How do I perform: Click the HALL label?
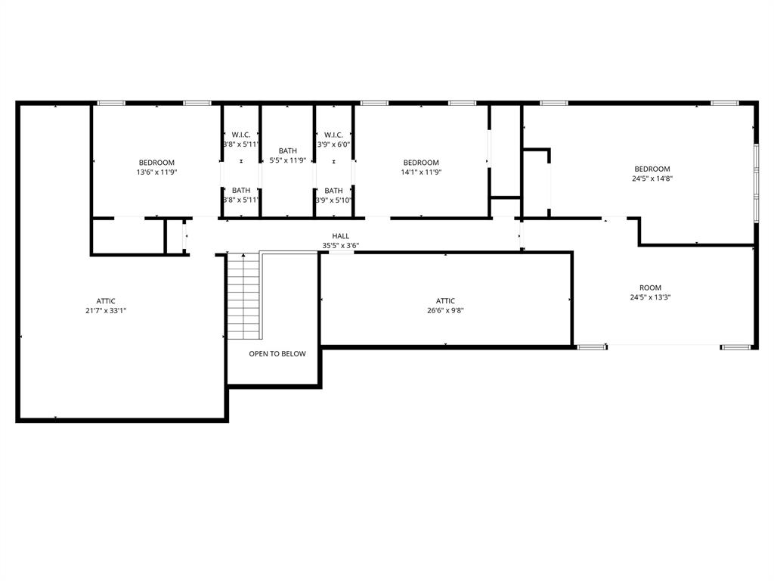coord(341,236)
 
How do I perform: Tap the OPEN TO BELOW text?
coord(277,354)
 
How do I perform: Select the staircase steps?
coord(243,296)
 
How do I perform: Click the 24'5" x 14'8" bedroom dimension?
coord(652,179)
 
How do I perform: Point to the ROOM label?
coord(650,287)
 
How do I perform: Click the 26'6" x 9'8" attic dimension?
coord(445,311)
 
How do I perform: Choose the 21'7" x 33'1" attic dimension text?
coord(106,311)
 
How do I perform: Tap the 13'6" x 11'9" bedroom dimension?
coord(156,172)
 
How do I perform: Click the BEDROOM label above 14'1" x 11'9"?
coord(421,163)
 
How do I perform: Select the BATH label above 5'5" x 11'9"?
coord(288,151)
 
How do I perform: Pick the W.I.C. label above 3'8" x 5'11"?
coord(241,135)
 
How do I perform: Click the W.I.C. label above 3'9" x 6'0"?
coord(333,135)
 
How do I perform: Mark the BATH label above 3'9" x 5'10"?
coord(333,191)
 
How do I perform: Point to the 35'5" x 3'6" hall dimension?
coord(341,246)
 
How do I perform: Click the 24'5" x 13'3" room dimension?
coord(650,297)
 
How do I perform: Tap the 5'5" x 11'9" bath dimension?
coord(288,160)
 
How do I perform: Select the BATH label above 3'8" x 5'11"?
coord(241,190)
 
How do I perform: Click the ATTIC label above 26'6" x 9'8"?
coord(445,301)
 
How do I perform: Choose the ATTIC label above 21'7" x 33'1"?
coord(106,301)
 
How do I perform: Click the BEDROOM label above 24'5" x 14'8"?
coord(652,169)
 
